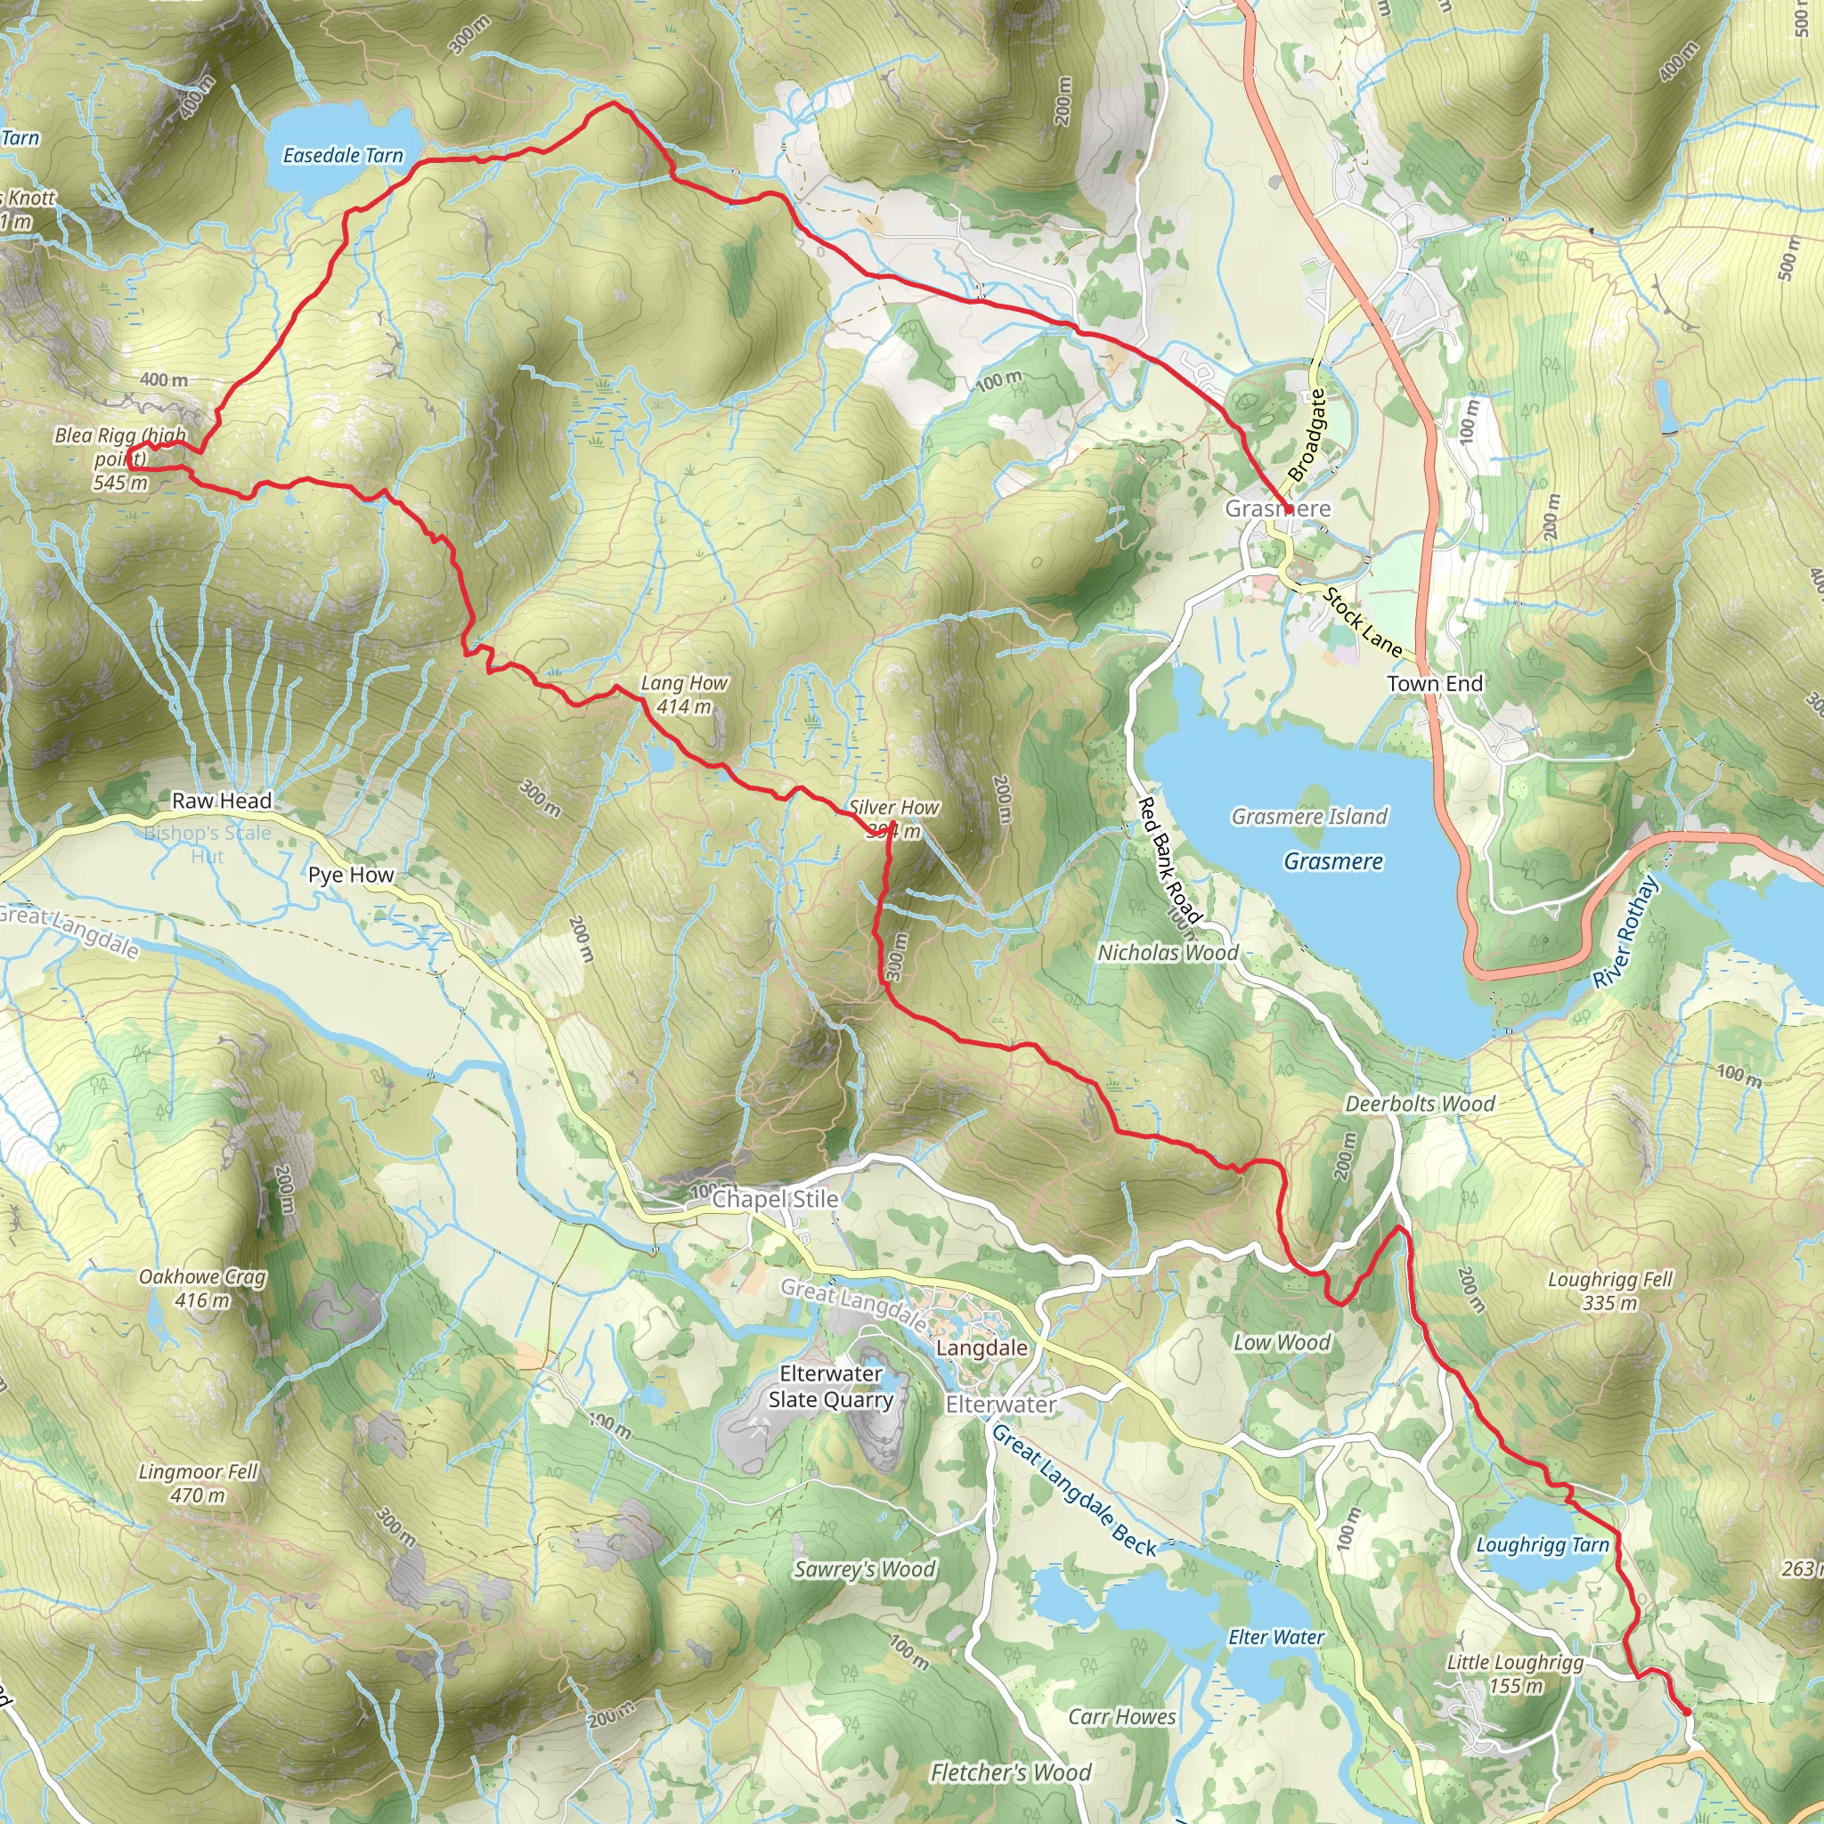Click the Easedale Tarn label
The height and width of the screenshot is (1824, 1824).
click(343, 156)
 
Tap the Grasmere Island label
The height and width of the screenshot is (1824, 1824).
click(1309, 817)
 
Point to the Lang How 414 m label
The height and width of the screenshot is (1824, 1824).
click(685, 695)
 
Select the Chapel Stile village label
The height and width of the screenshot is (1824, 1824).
click(775, 1199)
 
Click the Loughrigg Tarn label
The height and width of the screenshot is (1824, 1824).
click(1543, 1545)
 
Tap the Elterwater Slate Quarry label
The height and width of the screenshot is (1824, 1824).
click(831, 1387)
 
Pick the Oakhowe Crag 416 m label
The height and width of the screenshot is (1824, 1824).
click(203, 1289)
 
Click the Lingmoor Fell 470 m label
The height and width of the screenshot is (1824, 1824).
click(199, 1483)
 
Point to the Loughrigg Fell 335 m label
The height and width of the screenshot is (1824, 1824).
click(1609, 1291)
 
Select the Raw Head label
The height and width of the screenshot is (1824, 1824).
click(222, 801)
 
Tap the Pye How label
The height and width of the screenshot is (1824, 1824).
click(351, 875)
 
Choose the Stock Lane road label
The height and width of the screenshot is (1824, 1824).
click(1363, 623)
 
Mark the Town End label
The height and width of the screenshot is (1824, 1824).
click(1435, 683)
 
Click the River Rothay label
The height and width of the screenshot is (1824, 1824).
click(1625, 932)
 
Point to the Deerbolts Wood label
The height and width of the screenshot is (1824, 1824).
click(1420, 1104)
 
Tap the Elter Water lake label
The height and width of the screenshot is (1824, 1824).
click(1276, 1637)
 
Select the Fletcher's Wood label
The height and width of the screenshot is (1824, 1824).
click(1010, 1773)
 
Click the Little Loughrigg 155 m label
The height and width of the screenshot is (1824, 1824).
click(1515, 1673)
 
